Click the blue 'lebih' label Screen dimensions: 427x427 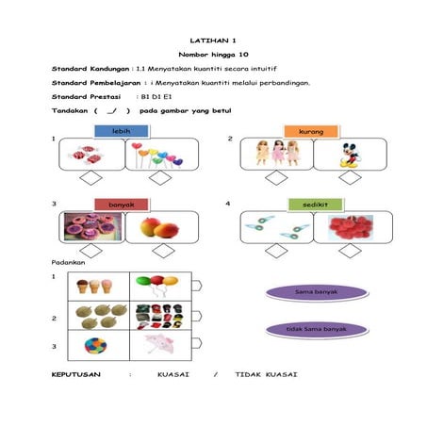coord(122,131)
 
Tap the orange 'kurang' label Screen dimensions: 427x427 coord(311,131)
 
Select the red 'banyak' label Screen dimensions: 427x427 coord(122,205)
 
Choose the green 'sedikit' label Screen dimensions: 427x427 coord(315,205)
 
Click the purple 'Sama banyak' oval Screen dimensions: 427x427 coord(317,292)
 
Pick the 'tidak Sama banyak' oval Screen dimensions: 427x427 coord(317,330)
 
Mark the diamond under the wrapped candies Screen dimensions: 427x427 coord(90,178)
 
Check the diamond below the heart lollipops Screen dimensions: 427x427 coord(160,178)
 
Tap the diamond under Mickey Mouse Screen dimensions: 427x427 coord(350,178)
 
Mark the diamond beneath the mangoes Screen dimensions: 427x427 coord(163,251)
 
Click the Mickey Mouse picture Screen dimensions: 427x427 coord(351,156)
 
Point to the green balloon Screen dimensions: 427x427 coord(143,281)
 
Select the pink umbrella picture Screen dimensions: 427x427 coord(159,344)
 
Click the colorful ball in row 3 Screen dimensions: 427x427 coord(95,345)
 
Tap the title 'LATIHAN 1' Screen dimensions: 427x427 coord(213,41)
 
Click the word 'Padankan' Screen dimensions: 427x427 coord(68,262)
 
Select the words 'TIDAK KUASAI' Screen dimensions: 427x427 coord(266,374)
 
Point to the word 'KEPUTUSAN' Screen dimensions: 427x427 coord(76,374)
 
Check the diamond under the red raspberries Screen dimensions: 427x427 coord(350,251)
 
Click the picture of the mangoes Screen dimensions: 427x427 coord(159,227)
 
